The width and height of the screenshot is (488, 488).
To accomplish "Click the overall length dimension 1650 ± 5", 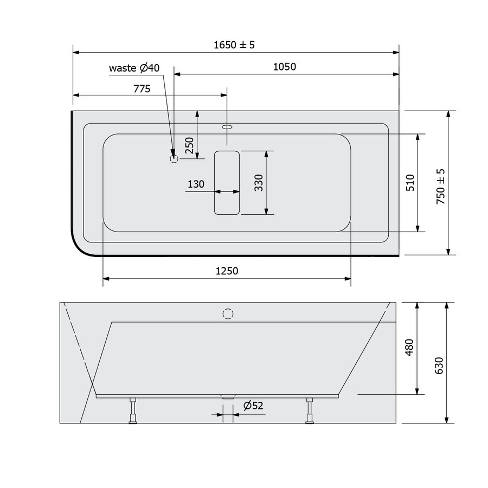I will coord(234,45).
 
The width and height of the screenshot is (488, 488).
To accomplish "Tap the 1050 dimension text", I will coord(285,67).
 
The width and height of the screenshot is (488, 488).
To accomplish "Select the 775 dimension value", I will coord(140,88).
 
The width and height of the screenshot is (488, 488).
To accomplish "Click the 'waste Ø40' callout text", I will coord(134,68).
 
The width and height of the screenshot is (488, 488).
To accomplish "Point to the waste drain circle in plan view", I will coord(174,159).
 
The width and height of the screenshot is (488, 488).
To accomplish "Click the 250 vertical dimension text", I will coord(189,146).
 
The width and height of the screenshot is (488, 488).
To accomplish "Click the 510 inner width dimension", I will coord(410,183).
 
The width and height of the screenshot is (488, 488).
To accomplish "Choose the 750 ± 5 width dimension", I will coord(440,186).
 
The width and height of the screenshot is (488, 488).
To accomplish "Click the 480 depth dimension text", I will coord(409,347).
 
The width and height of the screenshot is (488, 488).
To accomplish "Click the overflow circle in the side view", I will coord(228,313).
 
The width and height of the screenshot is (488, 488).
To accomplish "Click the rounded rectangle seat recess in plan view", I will coord(227,182).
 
